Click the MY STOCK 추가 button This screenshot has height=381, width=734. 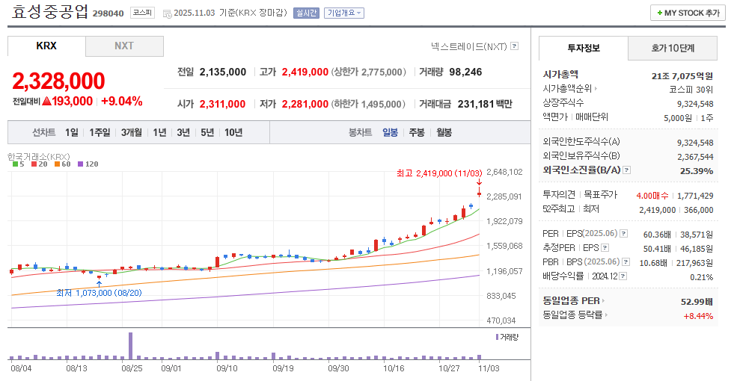point(687,13)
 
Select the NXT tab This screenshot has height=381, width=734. point(124,46)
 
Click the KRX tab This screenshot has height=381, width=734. point(46,46)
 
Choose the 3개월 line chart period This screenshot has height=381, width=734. point(132,132)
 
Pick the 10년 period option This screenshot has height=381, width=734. point(233,132)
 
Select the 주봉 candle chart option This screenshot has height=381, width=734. point(416,132)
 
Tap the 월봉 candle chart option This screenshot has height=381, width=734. point(444,132)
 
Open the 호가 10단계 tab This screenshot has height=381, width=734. point(672,48)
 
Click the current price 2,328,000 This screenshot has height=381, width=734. point(58,81)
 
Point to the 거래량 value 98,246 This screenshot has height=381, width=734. point(465,72)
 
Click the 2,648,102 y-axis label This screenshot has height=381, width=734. point(504,172)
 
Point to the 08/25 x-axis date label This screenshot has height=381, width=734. point(132,368)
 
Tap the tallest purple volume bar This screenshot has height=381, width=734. point(131,345)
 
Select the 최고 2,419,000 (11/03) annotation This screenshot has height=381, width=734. point(439,173)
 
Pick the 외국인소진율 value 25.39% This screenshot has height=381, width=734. point(697,170)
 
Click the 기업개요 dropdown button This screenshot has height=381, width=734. point(344,13)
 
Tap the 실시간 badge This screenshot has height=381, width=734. point(306,13)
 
